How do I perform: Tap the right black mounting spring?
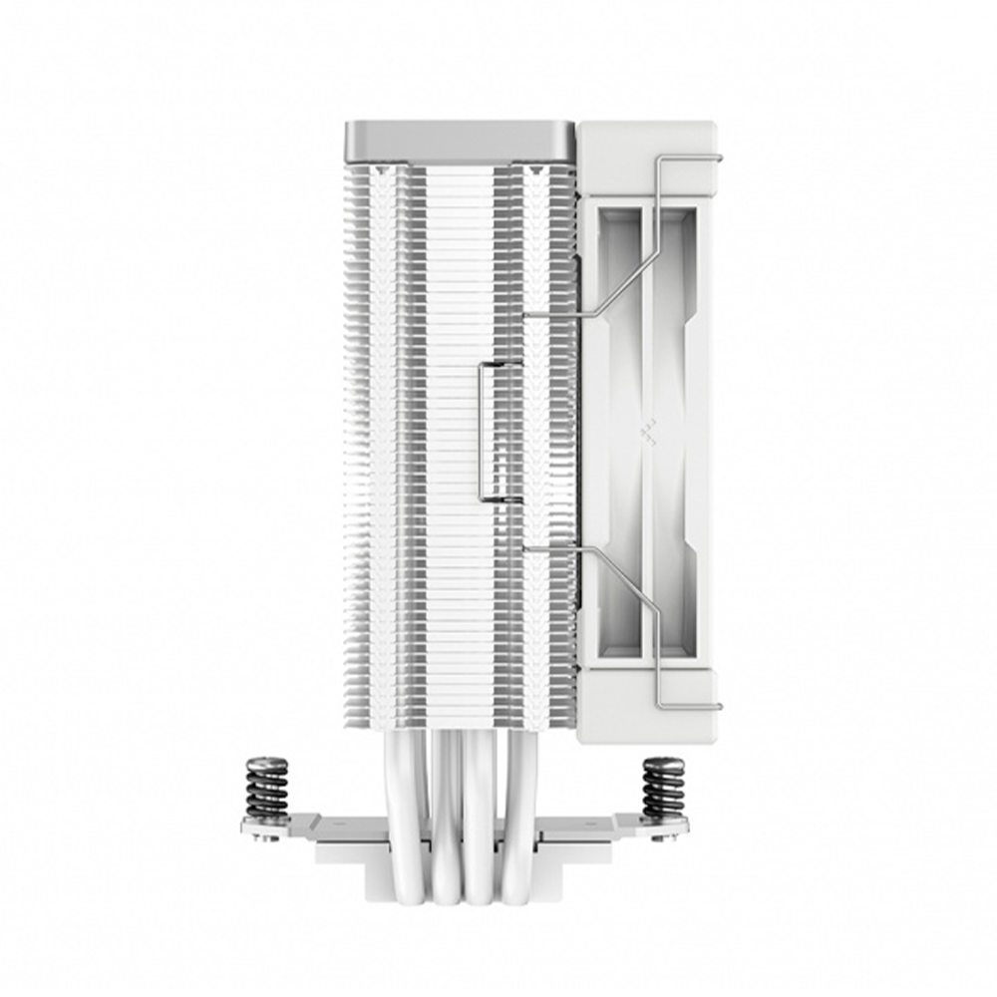[663, 788]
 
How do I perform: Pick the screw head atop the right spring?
[663, 762]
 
